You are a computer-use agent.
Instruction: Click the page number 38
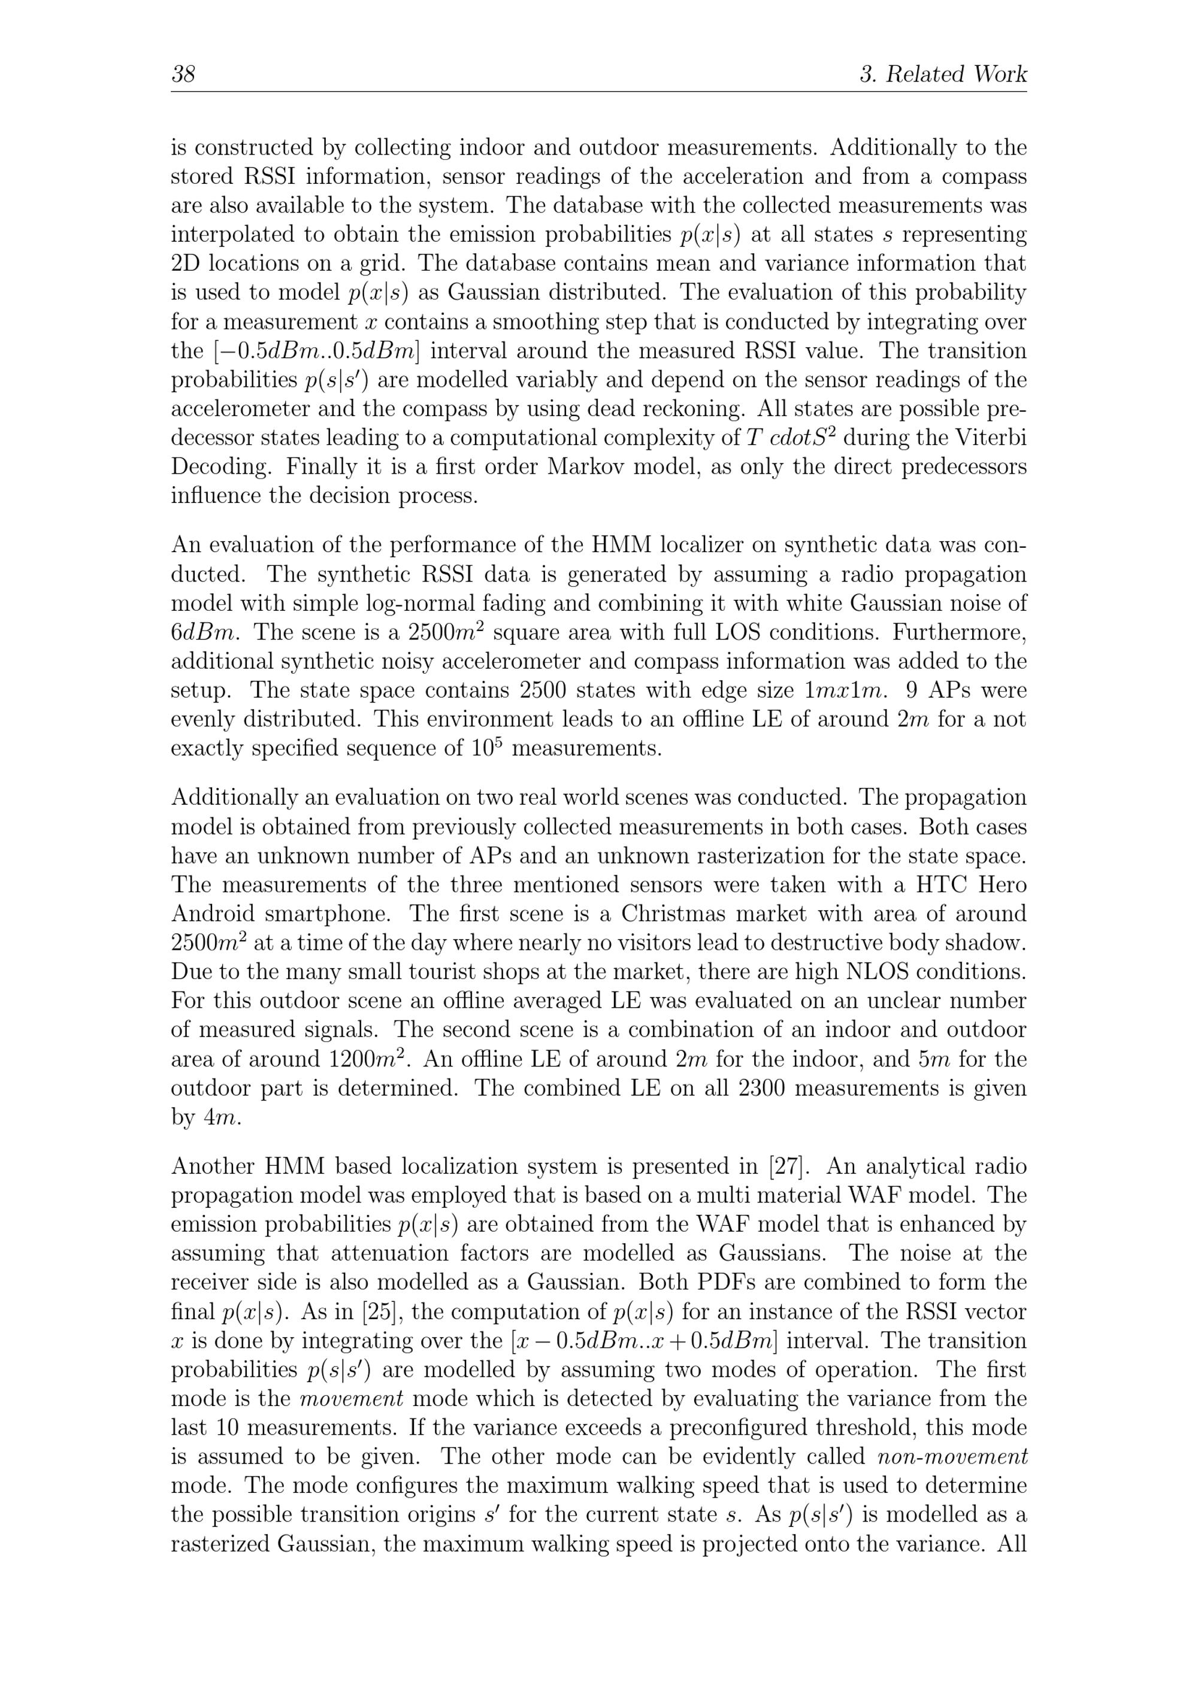(183, 74)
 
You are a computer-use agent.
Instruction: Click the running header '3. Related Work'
(943, 74)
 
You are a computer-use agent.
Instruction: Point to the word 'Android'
(210, 913)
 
